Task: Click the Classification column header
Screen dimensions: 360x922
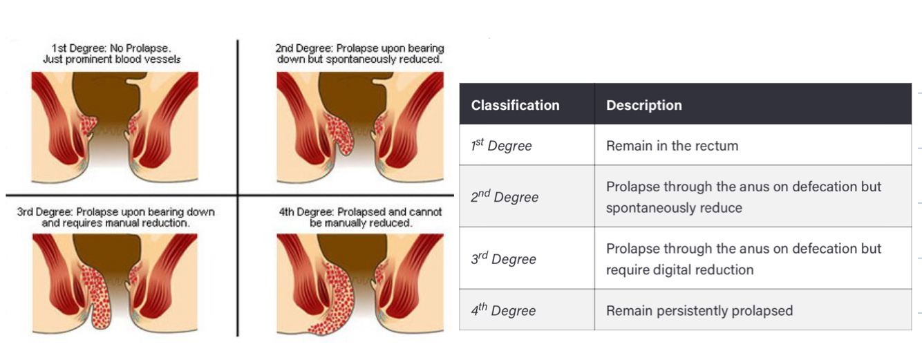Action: [515, 105]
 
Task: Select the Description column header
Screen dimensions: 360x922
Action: [643, 105]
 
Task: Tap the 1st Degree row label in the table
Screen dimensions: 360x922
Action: [501, 146]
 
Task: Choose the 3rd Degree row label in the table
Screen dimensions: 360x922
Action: [503, 259]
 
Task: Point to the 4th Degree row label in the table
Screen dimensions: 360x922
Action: [503, 310]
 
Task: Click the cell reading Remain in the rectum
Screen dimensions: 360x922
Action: [672, 146]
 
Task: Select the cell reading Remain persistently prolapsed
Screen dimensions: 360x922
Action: [699, 310]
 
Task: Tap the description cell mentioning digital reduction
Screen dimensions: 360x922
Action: [743, 259]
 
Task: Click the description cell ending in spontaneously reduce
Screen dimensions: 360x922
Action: [743, 197]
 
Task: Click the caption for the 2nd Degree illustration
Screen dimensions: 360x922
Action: [359, 54]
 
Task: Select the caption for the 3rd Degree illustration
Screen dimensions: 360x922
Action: [115, 218]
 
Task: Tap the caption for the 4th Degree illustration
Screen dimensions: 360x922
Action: [360, 218]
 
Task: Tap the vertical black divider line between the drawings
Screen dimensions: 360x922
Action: [238, 124]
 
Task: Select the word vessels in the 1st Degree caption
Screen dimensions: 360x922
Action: [165, 59]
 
